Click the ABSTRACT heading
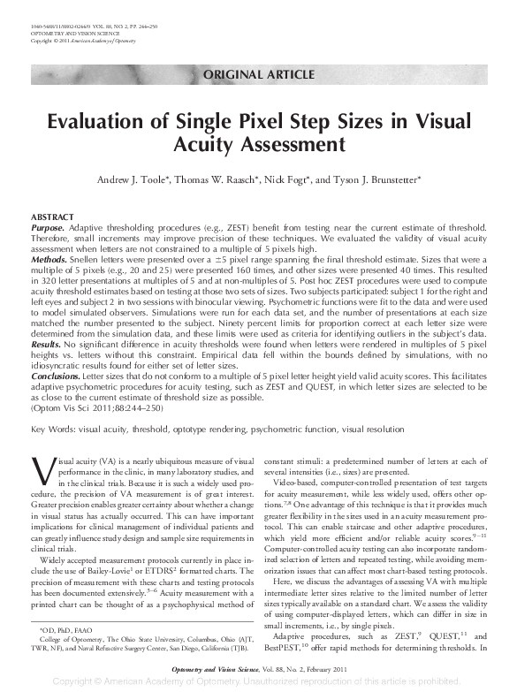tap(51, 217)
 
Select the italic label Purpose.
tap(49, 227)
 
